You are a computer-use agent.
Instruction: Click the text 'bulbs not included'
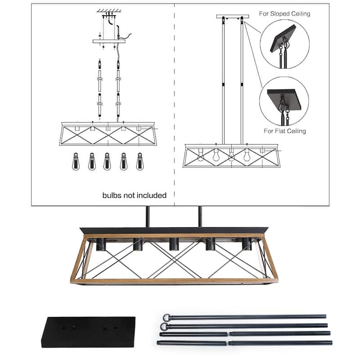point(135,195)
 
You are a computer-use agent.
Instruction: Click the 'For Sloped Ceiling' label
point(284,14)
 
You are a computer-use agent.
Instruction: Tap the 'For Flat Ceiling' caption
point(285,131)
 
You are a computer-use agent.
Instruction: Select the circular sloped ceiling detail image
point(284,44)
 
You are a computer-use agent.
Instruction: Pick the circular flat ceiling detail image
point(284,101)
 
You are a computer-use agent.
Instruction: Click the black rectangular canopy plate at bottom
point(88,332)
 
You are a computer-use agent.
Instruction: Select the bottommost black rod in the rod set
point(245,343)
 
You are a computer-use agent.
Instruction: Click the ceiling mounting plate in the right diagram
point(232,17)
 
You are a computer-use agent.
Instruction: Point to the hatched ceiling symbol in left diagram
point(107,11)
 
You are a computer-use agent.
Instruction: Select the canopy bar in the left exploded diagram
point(108,41)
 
